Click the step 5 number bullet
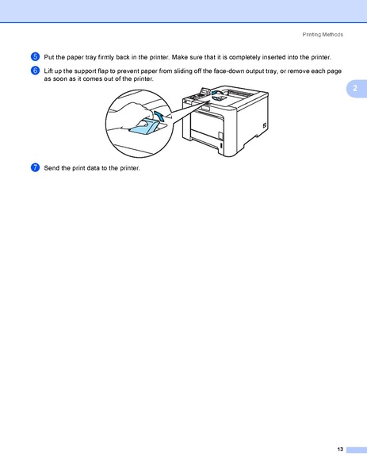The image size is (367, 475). click(x=35, y=57)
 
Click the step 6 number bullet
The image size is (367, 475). click(x=35, y=71)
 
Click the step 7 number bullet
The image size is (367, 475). click(x=35, y=167)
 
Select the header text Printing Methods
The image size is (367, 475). click(x=322, y=35)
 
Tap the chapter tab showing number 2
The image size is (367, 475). click(x=356, y=87)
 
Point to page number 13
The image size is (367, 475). click(x=339, y=450)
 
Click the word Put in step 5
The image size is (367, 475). click(x=49, y=57)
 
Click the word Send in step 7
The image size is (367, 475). click(x=52, y=167)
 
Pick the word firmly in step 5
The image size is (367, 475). click(x=106, y=57)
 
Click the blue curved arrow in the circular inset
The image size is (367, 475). click(x=160, y=117)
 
